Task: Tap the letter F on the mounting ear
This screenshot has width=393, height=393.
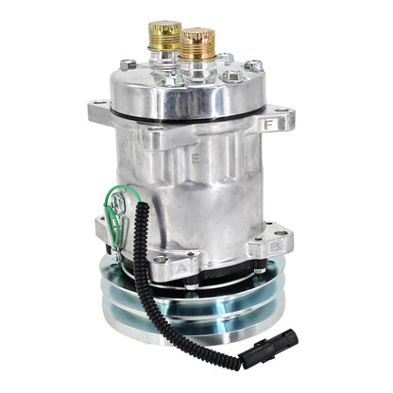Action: (272, 122)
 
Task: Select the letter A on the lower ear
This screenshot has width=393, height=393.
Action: (183, 267)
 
